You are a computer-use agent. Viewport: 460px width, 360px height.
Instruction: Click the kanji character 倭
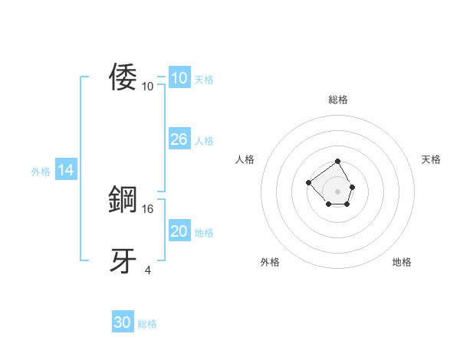click(x=123, y=77)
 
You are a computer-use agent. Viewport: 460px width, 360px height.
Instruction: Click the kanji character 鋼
click(x=123, y=200)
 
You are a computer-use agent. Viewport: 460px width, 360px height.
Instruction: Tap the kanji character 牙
click(x=123, y=261)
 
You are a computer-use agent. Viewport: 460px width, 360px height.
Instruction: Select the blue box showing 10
click(x=179, y=78)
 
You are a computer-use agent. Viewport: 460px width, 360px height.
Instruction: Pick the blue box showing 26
click(x=179, y=139)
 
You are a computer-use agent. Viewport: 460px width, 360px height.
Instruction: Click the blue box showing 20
click(x=179, y=231)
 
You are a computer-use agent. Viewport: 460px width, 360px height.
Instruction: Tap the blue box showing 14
click(x=66, y=171)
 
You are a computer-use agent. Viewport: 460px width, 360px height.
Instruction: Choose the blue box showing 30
click(x=123, y=323)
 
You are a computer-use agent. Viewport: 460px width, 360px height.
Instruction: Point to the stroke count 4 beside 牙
click(x=148, y=270)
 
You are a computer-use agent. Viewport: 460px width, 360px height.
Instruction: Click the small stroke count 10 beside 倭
click(x=148, y=86)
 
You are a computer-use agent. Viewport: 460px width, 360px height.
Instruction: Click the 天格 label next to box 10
click(x=204, y=79)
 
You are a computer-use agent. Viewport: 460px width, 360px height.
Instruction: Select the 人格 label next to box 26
click(x=204, y=141)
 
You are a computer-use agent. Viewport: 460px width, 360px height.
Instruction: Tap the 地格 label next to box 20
click(x=204, y=233)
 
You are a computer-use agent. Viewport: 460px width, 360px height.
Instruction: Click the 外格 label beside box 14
click(x=41, y=172)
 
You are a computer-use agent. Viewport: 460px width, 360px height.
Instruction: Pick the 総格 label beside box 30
click(x=147, y=325)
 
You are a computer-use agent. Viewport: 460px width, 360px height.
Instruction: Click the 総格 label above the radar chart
click(x=338, y=100)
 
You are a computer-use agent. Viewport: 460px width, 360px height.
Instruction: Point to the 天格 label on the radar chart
click(x=431, y=159)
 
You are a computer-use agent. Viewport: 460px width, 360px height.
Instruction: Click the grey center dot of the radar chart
click(x=338, y=191)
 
